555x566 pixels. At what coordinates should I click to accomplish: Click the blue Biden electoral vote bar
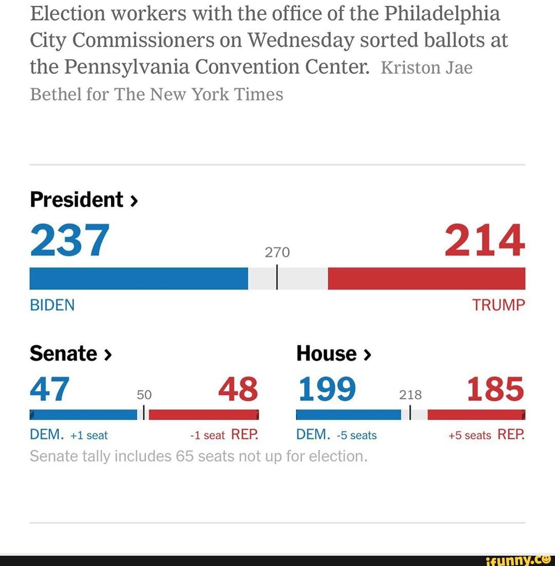coord(139,278)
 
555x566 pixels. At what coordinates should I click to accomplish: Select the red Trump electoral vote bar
coord(427,278)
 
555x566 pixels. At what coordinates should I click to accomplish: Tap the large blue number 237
coord(69,240)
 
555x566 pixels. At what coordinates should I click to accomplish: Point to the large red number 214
coord(485,240)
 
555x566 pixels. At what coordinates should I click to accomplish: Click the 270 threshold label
coord(277,252)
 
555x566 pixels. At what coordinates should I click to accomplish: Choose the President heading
coord(84,199)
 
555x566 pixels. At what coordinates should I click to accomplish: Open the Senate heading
coord(71,353)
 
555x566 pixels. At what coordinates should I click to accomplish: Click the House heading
coord(334,353)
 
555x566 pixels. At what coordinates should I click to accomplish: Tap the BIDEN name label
coord(52,305)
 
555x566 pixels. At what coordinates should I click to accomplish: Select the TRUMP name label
coord(499,305)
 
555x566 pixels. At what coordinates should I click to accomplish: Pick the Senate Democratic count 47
coord(49,389)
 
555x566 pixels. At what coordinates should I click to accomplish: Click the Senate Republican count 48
coord(238,389)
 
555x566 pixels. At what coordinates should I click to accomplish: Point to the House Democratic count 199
coord(327,389)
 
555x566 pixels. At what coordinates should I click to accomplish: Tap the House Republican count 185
coord(495,389)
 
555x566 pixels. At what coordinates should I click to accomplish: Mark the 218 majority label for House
coord(411,395)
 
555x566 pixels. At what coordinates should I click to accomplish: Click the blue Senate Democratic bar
coord(83,415)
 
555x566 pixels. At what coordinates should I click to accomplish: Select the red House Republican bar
coord(476,415)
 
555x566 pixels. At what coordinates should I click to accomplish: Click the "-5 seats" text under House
coord(357,435)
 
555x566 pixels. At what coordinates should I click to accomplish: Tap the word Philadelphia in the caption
coord(442,14)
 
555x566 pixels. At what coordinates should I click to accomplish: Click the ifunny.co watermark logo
coord(520,560)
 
